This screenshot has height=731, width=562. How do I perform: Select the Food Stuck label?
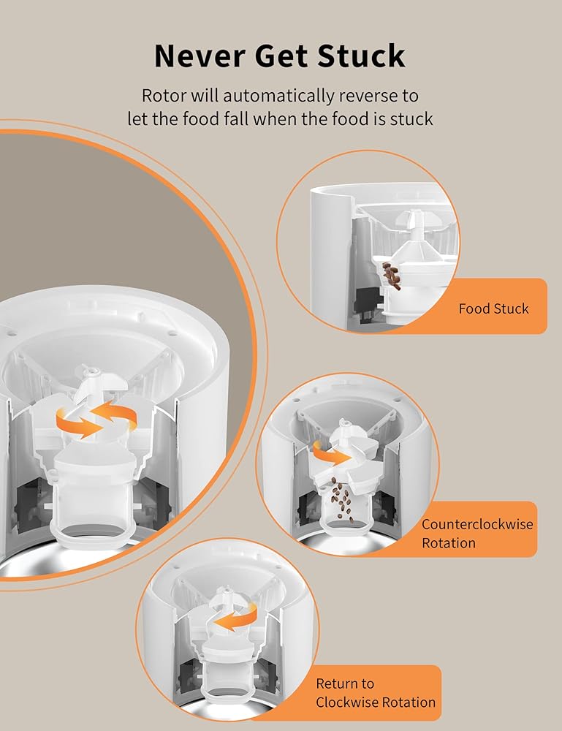493,308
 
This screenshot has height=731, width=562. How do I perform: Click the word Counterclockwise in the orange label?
477,524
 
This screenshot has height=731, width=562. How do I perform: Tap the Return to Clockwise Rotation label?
376,693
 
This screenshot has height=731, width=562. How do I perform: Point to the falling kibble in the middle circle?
341,501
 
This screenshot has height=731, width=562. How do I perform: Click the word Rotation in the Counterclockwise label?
448,543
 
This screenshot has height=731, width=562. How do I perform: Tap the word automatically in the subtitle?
272,95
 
